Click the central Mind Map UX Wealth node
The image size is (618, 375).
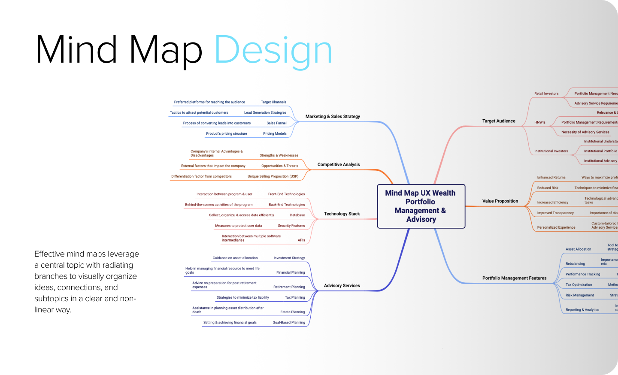(x=421, y=206)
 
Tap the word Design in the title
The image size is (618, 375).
(x=273, y=50)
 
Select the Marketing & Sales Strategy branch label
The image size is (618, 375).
(x=333, y=117)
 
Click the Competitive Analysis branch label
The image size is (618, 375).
(x=339, y=165)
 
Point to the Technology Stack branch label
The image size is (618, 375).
(x=342, y=214)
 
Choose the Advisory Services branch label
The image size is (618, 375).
(x=342, y=286)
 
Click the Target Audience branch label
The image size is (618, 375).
(x=499, y=121)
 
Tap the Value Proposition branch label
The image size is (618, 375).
(x=500, y=201)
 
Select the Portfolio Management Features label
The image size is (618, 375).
(x=514, y=278)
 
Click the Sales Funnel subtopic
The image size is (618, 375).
(x=276, y=123)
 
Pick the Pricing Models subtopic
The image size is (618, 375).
(x=275, y=134)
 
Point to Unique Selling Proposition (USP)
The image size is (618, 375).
(x=273, y=176)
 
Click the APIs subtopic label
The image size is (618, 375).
(x=301, y=240)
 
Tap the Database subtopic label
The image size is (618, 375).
(x=297, y=215)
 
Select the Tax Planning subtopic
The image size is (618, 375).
(x=295, y=298)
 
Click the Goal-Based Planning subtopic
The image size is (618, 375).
(x=289, y=323)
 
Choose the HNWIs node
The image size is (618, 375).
(x=540, y=122)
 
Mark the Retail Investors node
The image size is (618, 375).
(x=546, y=94)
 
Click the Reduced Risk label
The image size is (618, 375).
(x=548, y=188)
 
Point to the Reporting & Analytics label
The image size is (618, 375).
(x=582, y=310)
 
